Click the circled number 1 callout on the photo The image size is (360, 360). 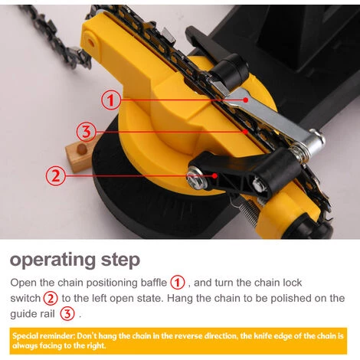click(111, 100)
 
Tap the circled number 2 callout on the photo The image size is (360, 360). click(55, 175)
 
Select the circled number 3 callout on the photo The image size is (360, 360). click(87, 132)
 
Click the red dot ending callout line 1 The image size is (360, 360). click(246, 100)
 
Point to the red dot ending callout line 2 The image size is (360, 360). click(215, 175)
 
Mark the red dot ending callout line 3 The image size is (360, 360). click(245, 132)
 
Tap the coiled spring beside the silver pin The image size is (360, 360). click(299, 152)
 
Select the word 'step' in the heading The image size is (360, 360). click(120, 260)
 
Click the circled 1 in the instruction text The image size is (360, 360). click(177, 283)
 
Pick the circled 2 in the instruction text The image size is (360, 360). click(51, 298)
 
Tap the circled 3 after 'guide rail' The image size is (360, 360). click(67, 314)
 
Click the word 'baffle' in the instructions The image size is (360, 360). click(154, 283)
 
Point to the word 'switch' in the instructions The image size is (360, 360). click(25, 298)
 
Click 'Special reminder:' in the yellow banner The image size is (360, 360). click(43, 335)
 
